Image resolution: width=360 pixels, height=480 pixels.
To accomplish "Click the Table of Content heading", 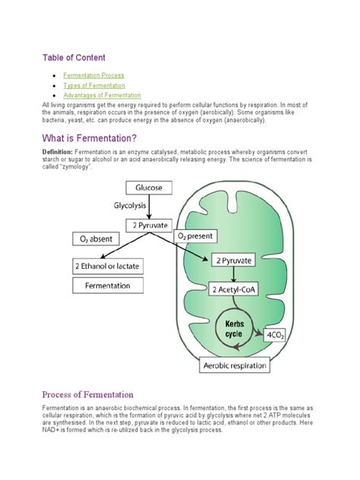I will point(73,58).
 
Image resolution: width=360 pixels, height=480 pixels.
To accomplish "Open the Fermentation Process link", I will point(93,75).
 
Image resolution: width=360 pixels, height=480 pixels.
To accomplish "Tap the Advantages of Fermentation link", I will point(102,96).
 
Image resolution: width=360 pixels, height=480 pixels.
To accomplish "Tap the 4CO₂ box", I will point(275,335).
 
